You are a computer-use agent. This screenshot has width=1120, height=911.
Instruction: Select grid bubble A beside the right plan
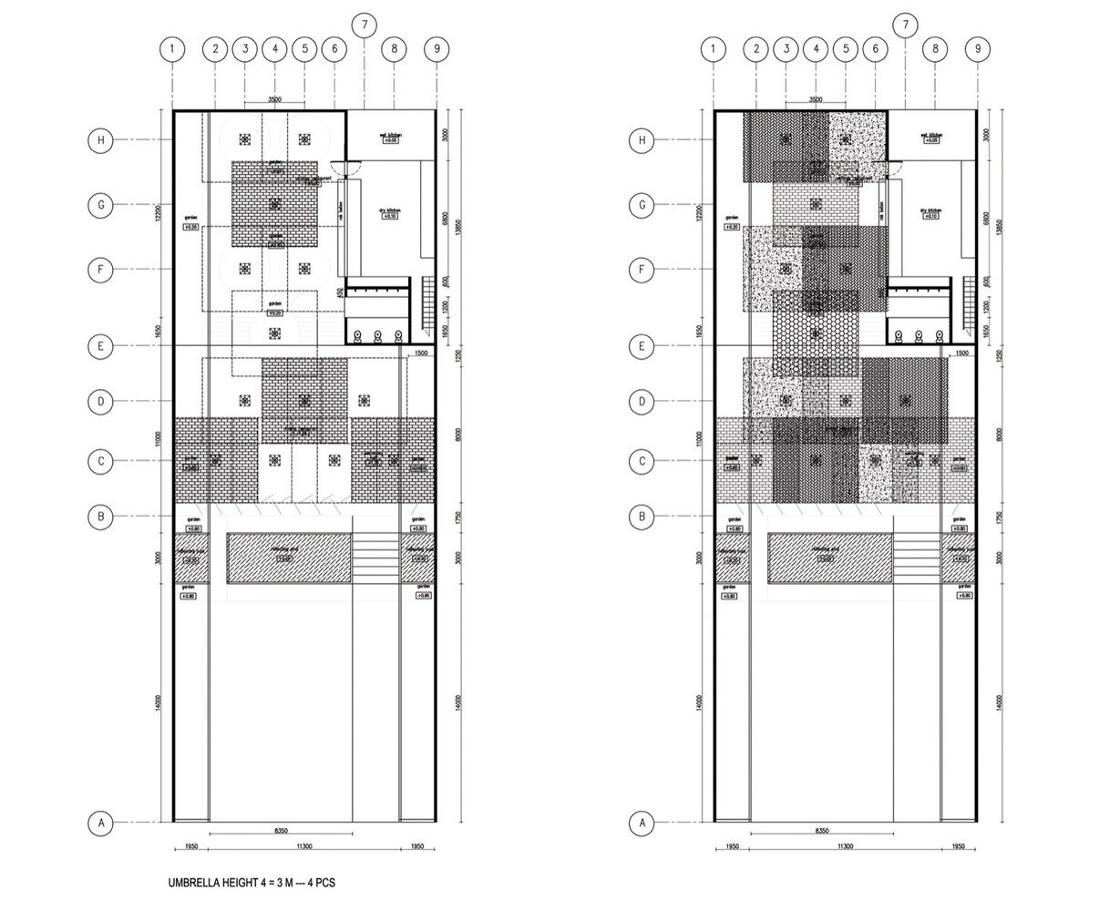point(642,824)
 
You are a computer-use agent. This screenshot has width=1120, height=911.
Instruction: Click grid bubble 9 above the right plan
point(977,49)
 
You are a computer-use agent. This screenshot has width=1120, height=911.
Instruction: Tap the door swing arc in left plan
point(339,169)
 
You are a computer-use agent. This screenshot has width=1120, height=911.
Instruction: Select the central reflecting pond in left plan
point(288,558)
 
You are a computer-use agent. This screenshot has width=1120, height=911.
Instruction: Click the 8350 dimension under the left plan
point(281,831)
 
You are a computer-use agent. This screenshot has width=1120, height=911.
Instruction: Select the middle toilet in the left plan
point(376,335)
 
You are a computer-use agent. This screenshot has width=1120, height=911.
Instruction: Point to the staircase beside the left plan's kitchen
point(426,305)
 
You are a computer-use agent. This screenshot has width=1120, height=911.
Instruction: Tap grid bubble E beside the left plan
point(102,345)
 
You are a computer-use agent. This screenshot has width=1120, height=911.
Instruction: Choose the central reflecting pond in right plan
point(828,558)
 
